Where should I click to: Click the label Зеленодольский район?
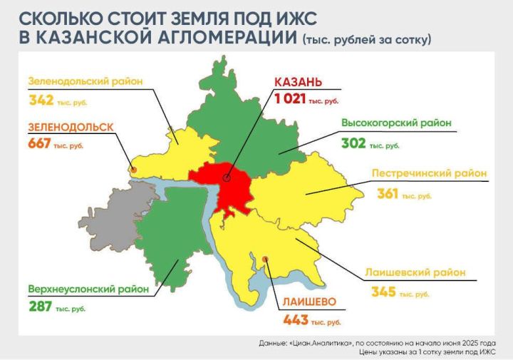85,81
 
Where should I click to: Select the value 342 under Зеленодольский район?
42,101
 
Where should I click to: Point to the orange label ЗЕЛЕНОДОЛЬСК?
71,127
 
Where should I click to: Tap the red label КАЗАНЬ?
299,83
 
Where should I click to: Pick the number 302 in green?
353,143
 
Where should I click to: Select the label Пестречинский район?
430,173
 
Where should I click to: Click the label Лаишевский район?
425,272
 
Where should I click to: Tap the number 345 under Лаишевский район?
383,292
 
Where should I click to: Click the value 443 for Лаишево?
296,320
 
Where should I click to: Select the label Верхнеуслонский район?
88,289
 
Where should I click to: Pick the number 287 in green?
41,307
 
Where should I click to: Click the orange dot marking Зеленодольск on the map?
133,170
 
